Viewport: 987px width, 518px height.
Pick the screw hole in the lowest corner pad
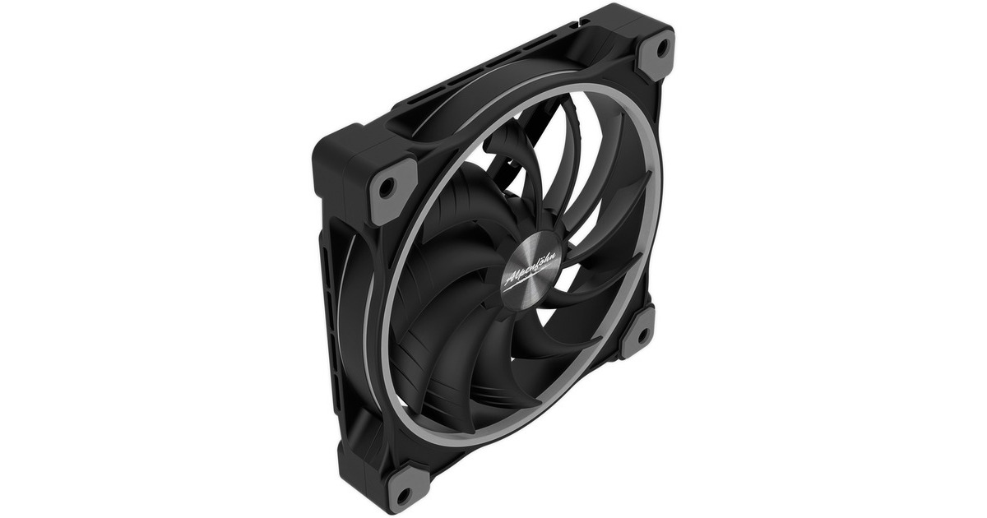(x=402, y=494)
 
